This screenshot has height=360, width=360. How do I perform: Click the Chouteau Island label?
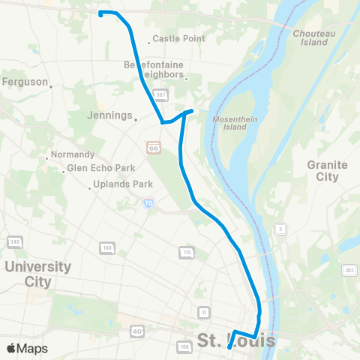click(x=310, y=37)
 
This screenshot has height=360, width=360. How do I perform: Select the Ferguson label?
click(x=25, y=82)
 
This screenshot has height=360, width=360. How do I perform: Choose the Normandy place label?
click(x=71, y=155)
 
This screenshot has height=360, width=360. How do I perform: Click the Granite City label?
click(x=327, y=170)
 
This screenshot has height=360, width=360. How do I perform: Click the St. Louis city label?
click(x=235, y=341)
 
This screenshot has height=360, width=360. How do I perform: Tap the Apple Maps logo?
click(x=27, y=348)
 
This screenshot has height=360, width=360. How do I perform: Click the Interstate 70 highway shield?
click(x=148, y=202)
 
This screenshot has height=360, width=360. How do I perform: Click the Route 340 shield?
click(x=13, y=241)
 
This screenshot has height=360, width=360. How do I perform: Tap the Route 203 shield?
click(x=349, y=270)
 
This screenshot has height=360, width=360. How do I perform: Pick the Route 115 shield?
click(x=185, y=252)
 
